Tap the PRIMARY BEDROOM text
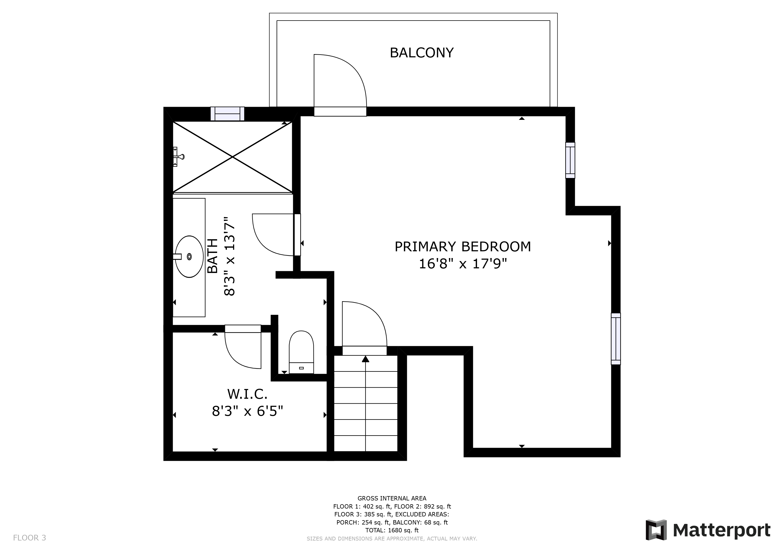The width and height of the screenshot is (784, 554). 463,247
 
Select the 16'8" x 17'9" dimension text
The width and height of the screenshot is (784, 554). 463,264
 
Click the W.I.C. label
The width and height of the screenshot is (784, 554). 247,394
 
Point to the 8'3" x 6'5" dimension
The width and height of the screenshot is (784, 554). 247,411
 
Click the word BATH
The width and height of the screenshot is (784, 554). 213,256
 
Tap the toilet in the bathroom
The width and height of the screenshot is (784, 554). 301,352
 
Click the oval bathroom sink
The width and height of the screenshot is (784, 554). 189,256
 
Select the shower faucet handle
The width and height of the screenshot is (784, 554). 179,157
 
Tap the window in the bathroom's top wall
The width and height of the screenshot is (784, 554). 227,114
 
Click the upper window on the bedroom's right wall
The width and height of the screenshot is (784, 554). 570,160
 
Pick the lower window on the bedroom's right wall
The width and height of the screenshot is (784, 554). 616,339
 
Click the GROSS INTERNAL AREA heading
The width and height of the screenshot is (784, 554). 392,498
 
